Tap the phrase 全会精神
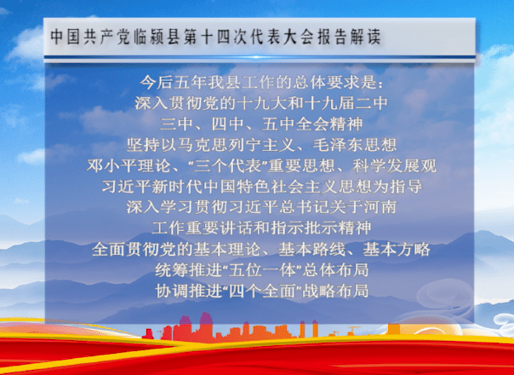pos(329,124)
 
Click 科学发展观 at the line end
pos(394,165)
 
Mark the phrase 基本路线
pos(311,249)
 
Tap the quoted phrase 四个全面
pos(262,291)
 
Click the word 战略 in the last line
pos(318,291)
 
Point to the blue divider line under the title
pos(260,57)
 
